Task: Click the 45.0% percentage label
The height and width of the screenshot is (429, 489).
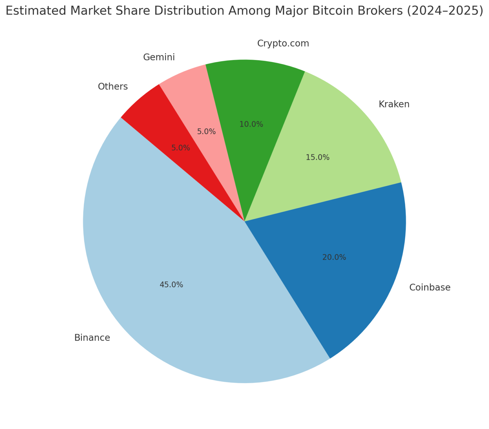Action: click(171, 285)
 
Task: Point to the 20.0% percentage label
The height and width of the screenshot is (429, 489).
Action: click(334, 257)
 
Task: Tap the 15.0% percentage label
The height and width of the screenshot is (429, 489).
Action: click(318, 157)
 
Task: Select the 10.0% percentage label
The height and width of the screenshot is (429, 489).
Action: click(251, 124)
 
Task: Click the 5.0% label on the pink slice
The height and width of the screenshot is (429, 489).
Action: click(207, 131)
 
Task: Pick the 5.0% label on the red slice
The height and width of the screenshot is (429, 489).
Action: click(181, 148)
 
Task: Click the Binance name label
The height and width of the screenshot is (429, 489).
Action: click(92, 338)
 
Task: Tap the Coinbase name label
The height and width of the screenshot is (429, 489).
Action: click(430, 287)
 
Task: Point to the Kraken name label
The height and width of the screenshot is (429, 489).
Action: click(394, 104)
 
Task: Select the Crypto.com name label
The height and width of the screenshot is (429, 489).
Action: click(283, 44)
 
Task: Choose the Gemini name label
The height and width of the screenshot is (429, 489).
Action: click(159, 57)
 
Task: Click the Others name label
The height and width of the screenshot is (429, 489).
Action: click(113, 86)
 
